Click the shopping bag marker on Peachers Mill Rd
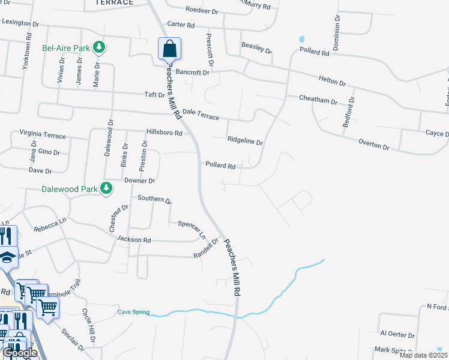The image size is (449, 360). tap(169, 48)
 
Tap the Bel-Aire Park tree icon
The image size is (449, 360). tap(100, 47)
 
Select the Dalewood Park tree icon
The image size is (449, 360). tap(106, 189)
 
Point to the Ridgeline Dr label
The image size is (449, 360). tap(245, 142)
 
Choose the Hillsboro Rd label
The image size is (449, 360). tap(164, 133)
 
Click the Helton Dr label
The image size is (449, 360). tap(333, 81)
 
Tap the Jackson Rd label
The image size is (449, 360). tap(134, 239)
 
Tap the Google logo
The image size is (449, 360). tap(20, 353)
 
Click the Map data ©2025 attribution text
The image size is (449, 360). tap(423, 355)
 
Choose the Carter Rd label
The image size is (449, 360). tap(181, 25)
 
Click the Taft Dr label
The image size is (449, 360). tap(154, 95)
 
